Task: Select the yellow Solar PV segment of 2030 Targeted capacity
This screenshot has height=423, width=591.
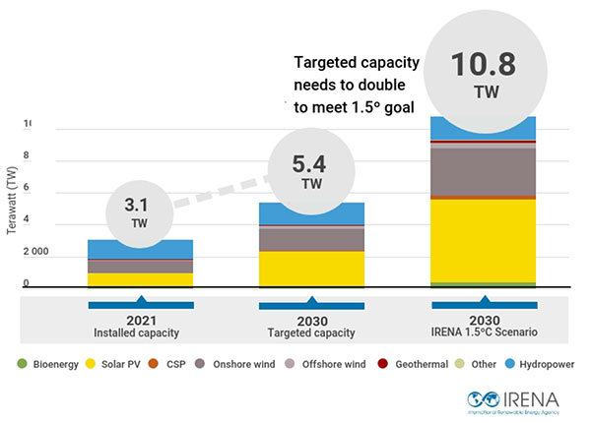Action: [311, 267]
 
